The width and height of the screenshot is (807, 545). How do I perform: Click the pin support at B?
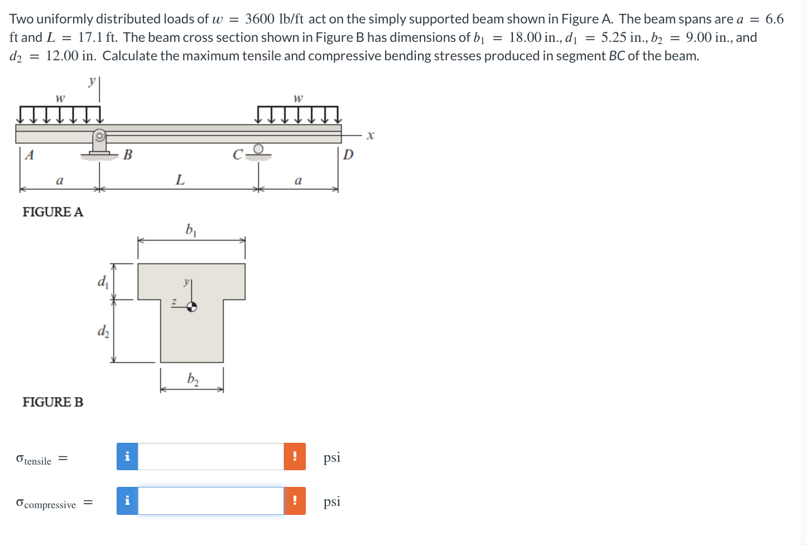click(x=99, y=143)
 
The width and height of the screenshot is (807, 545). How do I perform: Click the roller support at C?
click(x=258, y=151)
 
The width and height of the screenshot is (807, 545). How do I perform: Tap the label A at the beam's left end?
click(x=29, y=155)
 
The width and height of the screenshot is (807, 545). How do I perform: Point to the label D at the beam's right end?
click(x=348, y=155)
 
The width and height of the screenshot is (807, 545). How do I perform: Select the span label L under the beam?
click(x=180, y=180)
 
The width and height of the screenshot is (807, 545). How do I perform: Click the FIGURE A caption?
click(x=52, y=212)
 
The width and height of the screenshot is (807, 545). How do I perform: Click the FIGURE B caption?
click(x=52, y=402)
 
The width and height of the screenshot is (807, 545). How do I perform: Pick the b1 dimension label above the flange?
click(x=191, y=230)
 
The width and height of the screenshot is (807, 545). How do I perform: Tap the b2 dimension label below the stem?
click(x=193, y=380)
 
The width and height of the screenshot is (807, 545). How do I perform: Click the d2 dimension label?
click(x=103, y=332)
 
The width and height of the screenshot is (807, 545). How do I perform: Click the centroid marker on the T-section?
click(x=191, y=307)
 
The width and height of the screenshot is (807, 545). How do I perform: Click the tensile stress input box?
click(x=211, y=457)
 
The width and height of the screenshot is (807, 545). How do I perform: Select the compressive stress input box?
click(x=211, y=501)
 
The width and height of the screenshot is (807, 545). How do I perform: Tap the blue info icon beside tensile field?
click(x=127, y=457)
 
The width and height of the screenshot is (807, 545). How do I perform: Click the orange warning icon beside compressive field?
click(x=295, y=501)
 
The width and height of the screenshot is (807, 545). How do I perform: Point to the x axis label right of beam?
click(x=370, y=136)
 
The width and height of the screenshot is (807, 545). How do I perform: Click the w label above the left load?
click(x=60, y=98)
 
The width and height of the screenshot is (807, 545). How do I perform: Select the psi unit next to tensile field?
click(x=332, y=457)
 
